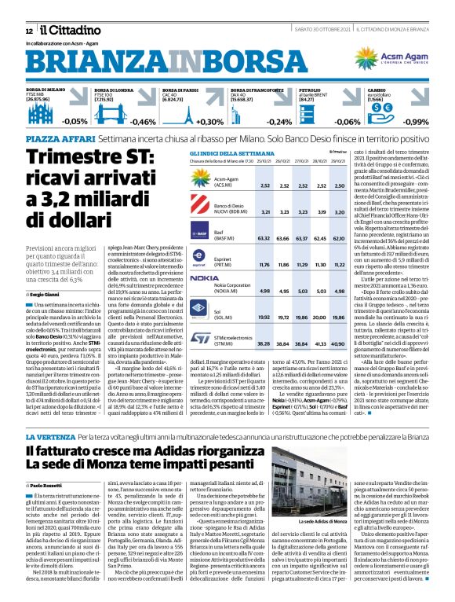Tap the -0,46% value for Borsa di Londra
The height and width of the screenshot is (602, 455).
(x=144, y=122)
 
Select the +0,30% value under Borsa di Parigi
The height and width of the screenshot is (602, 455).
(x=209, y=122)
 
